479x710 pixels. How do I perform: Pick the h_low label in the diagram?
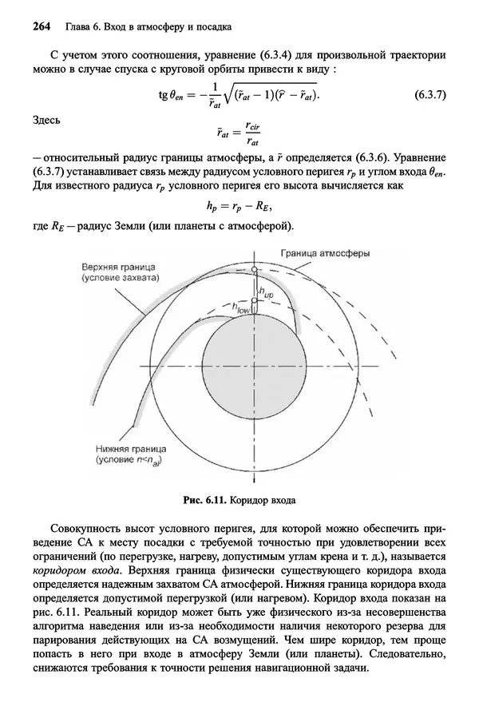241,307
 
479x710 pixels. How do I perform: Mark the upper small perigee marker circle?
254,271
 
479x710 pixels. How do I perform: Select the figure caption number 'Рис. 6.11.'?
204,502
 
